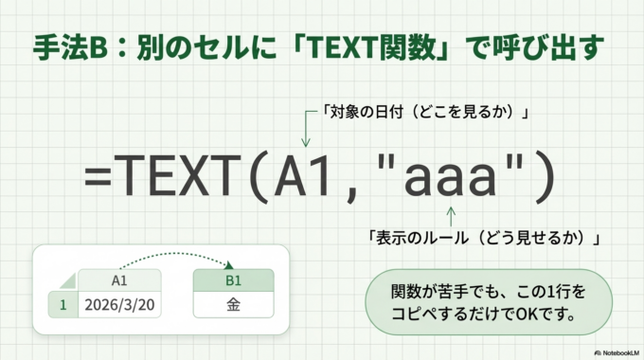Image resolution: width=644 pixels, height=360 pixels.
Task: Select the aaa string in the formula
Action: point(451,177)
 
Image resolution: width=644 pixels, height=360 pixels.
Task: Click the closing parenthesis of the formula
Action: point(542,178)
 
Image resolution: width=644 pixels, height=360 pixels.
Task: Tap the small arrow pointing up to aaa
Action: point(451,214)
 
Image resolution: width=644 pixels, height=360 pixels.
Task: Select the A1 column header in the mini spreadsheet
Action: point(119,280)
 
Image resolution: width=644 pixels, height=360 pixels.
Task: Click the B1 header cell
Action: point(233,280)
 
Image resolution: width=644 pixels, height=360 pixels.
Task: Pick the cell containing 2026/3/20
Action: point(119,305)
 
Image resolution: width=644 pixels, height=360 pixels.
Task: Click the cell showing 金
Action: point(233,305)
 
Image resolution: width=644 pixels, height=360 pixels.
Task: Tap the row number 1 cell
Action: point(63,305)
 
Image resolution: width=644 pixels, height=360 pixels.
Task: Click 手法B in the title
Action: point(68,47)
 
